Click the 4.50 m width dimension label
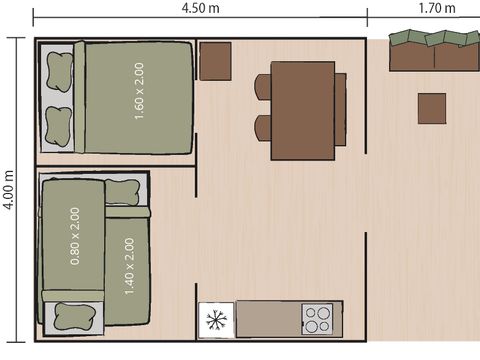[200, 8]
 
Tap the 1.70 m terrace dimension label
[437, 8]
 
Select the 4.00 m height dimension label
[9, 190]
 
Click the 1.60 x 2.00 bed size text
[139, 91]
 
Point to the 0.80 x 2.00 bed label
[75, 236]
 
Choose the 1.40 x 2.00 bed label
[129, 266]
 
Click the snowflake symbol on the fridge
[216, 320]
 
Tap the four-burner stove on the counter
[317, 319]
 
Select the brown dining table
[303, 111]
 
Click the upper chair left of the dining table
[263, 87]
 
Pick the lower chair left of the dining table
[263, 128]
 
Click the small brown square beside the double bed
[215, 61]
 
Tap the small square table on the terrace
[432, 109]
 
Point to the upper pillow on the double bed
[59, 72]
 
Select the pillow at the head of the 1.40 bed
[122, 192]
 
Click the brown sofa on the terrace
[435, 50]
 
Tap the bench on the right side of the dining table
[340, 110]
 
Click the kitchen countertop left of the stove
[269, 319]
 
